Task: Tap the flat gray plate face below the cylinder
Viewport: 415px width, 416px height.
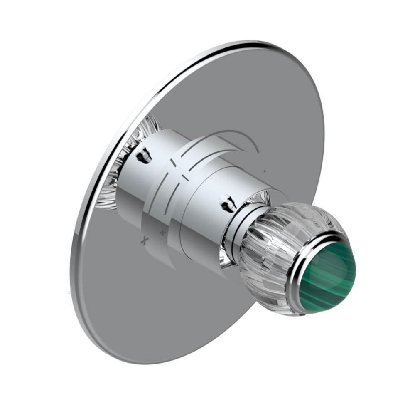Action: click(166, 312)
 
